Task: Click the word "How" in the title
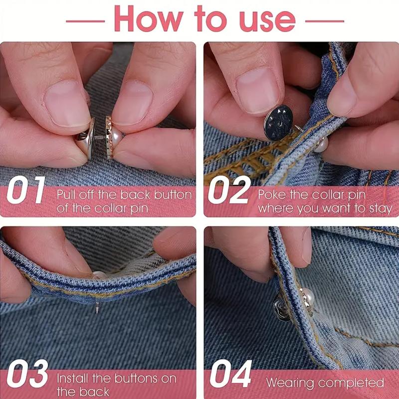click(149, 18)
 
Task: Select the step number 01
click(26, 190)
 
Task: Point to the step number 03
click(27, 374)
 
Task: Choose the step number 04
click(230, 374)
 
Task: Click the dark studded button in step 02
click(279, 123)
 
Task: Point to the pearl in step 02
click(321, 145)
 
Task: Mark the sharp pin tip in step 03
click(97, 313)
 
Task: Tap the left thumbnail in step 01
click(67, 104)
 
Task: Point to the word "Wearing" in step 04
click(290, 383)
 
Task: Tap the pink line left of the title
click(85, 21)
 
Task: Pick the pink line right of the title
click(325, 21)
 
